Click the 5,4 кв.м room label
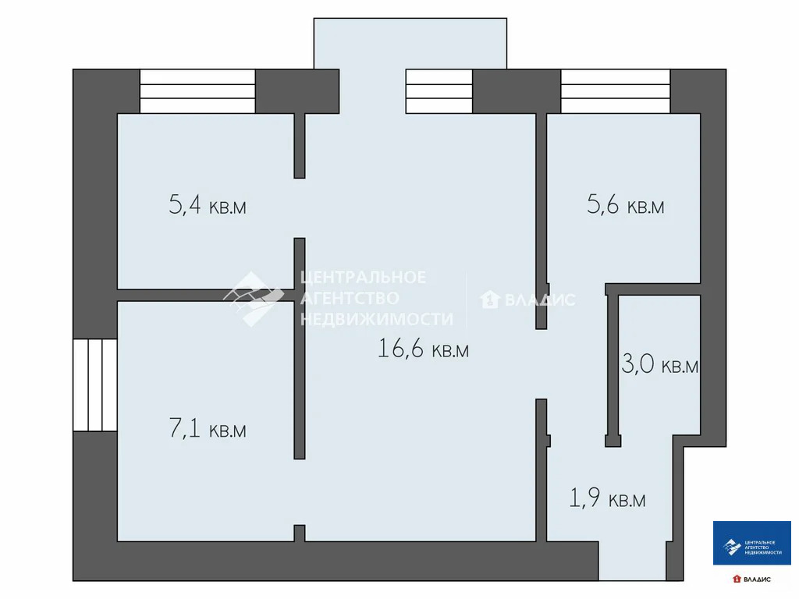(208, 207)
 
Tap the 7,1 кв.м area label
(208, 429)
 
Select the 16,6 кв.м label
(423, 349)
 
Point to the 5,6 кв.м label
(625, 206)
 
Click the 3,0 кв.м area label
(659, 365)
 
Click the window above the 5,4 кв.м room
(197, 91)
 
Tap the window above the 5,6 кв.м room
(616, 91)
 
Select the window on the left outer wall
(95, 385)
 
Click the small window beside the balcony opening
(439, 91)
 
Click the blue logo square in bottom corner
(752, 543)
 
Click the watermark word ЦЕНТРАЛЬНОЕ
(364, 278)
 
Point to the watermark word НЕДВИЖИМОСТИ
(376, 318)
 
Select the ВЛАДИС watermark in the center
(538, 299)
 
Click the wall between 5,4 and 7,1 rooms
(206, 295)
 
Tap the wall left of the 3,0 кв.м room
(613, 367)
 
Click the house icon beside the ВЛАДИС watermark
(490, 299)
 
